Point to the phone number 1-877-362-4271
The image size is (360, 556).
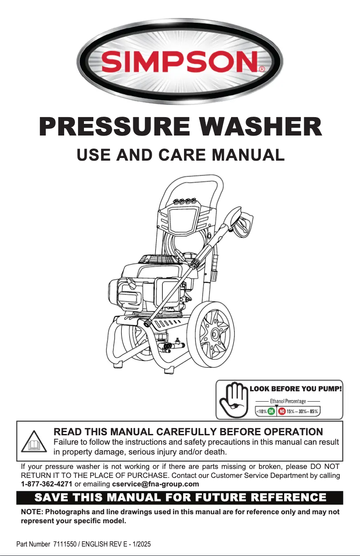[47, 484]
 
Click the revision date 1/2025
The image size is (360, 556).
[139, 544]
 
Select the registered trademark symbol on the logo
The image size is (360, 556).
[262, 70]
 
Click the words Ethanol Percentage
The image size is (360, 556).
[288, 401]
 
